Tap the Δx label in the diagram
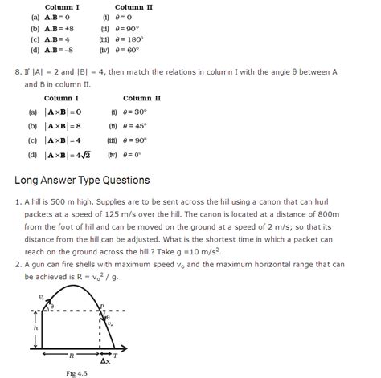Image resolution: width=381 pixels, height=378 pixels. click(x=104, y=360)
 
